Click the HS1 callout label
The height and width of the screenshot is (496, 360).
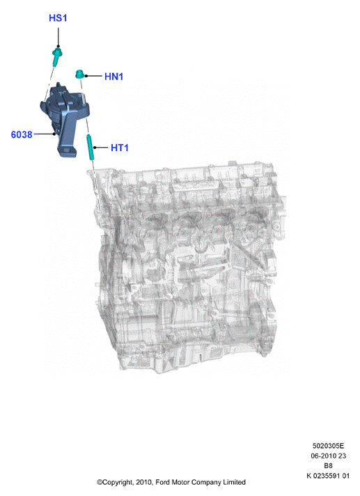[58, 18]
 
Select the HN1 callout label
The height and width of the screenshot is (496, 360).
[114, 77]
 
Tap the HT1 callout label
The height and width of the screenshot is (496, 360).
[120, 148]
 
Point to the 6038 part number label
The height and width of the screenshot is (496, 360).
[22, 134]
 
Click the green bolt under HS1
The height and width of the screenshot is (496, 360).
[57, 57]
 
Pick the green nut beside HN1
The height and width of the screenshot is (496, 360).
[79, 75]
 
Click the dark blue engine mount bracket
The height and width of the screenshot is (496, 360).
[65, 121]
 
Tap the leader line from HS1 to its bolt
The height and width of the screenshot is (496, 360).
[58, 38]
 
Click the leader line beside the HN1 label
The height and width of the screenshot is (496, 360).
[93, 76]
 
